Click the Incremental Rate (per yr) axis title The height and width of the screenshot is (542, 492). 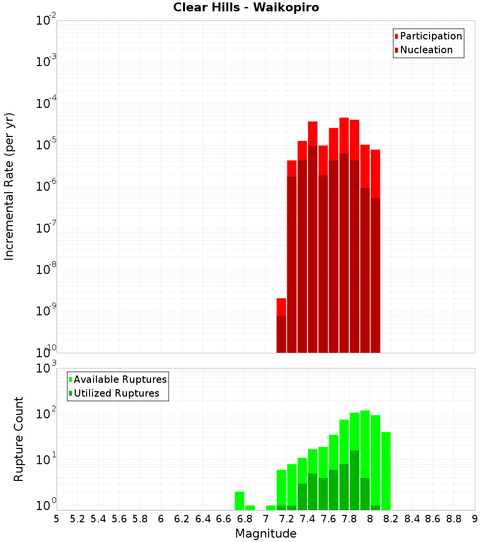click(9, 186)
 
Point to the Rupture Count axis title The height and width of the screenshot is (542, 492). click(19, 439)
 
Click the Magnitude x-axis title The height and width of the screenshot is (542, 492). click(266, 534)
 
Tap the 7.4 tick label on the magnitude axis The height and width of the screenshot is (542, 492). click(307, 519)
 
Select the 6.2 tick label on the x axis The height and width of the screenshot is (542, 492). click(182, 519)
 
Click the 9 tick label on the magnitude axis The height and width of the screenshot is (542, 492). click(474, 519)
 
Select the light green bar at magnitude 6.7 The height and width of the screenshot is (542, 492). click(240, 500)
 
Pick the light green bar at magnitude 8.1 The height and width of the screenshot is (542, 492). click(386, 471)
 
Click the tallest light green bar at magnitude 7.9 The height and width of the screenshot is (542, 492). click(365, 443)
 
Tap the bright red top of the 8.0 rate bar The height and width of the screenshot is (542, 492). click(375, 172)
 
